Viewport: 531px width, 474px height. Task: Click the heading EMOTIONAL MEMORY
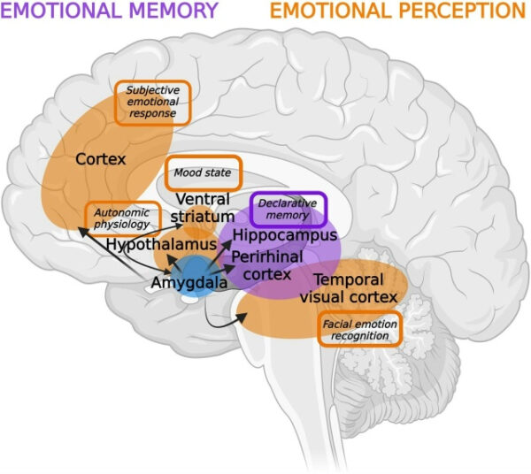click(109, 11)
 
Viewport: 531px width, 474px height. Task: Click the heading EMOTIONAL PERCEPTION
click(397, 11)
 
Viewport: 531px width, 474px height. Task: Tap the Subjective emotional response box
click(150, 102)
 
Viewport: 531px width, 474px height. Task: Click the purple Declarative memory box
click(289, 209)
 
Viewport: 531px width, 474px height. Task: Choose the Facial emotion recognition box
click(359, 330)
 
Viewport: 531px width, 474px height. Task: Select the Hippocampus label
click(285, 237)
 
